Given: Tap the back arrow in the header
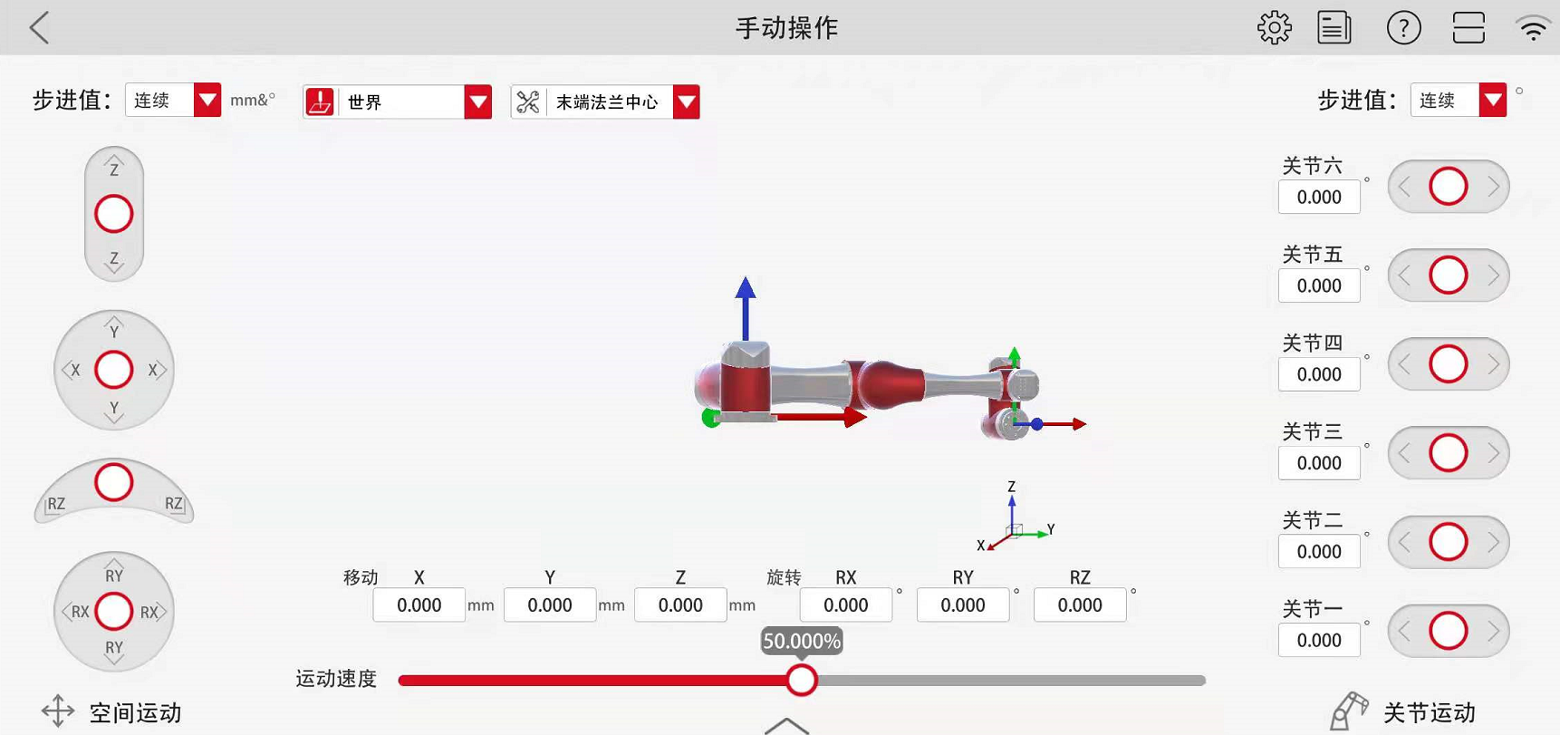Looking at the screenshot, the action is click(40, 28).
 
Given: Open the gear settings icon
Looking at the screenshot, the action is click(1274, 28).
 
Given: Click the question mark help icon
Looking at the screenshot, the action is click(1403, 28).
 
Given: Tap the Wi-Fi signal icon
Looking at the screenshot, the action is click(1533, 28).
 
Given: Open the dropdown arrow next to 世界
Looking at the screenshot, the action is click(477, 102).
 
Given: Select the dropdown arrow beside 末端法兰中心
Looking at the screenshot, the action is click(686, 102).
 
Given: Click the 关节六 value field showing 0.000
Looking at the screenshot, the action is click(1318, 198).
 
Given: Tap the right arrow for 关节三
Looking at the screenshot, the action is click(1493, 453).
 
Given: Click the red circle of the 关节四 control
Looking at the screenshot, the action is click(1448, 364).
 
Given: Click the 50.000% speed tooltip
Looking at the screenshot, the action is click(802, 642).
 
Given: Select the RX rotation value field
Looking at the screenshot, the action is click(845, 605).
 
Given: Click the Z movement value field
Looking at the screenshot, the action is click(680, 605).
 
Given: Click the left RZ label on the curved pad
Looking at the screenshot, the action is click(56, 504).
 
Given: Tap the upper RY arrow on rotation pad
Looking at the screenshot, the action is click(114, 574).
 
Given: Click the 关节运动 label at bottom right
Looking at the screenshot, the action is click(1430, 713).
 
